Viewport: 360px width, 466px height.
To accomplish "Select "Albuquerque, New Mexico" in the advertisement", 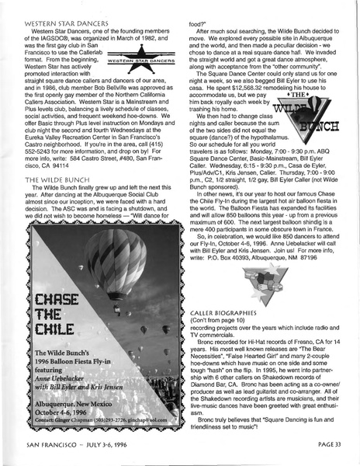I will coord(86,426).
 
